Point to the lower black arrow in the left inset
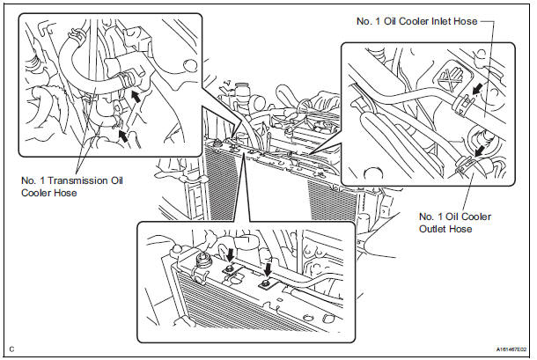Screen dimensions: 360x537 123,136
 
